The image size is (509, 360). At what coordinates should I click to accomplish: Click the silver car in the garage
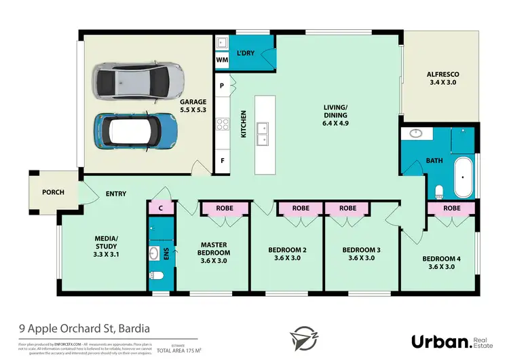(x=138, y=82)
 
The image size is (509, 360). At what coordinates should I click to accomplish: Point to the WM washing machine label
(x=222, y=60)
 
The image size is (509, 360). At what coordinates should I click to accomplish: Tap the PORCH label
(x=53, y=192)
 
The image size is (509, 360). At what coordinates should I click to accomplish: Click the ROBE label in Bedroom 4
(x=451, y=208)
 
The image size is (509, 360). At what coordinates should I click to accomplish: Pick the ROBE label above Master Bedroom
(x=225, y=208)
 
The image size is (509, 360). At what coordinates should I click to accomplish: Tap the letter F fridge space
(x=222, y=162)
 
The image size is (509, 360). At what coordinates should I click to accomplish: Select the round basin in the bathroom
(x=413, y=133)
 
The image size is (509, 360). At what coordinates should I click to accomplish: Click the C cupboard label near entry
(x=159, y=209)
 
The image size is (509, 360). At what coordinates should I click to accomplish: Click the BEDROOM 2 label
(x=287, y=253)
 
